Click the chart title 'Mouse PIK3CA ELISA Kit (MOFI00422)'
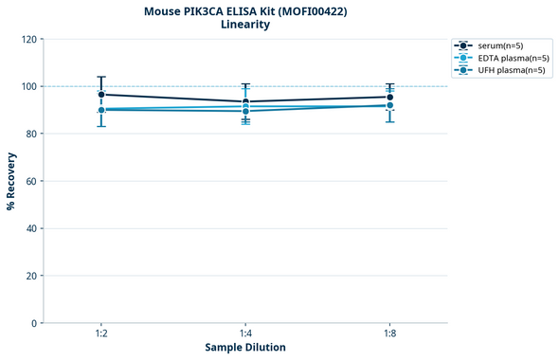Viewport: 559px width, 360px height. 245,10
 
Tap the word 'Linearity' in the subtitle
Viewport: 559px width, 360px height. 245,25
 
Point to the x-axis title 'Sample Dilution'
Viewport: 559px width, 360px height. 245,348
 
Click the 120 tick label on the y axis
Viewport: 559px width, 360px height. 29,40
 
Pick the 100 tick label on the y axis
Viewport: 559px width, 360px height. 29,87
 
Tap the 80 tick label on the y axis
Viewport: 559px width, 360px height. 32,135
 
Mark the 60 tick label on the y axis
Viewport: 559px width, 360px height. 32,182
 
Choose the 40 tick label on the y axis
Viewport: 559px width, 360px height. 32,229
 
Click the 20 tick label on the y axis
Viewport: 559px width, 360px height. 32,277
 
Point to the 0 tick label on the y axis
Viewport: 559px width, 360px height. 35,324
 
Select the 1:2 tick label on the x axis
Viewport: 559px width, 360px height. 101,333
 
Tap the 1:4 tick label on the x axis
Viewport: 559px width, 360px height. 245,333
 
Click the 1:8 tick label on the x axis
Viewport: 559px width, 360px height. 389,333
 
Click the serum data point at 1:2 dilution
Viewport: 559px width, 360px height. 101,95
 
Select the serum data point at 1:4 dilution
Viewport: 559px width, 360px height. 245,102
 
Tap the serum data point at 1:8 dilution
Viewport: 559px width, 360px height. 389,97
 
